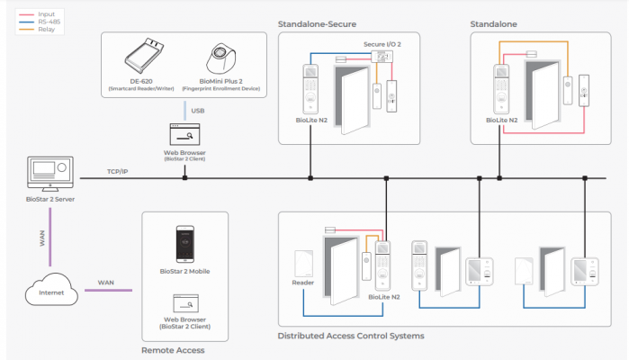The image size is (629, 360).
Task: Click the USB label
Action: [184, 110]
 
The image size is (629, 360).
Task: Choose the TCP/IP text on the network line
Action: [119, 171]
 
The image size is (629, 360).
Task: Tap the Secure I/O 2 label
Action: [382, 43]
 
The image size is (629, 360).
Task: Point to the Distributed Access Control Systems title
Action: [351, 336]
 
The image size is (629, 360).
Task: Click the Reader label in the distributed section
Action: [303, 283]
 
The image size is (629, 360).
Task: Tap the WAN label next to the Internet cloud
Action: [106, 283]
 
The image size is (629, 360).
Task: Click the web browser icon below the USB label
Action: [184, 135]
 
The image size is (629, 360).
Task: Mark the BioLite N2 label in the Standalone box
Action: [501, 119]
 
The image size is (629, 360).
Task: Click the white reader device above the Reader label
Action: [303, 262]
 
